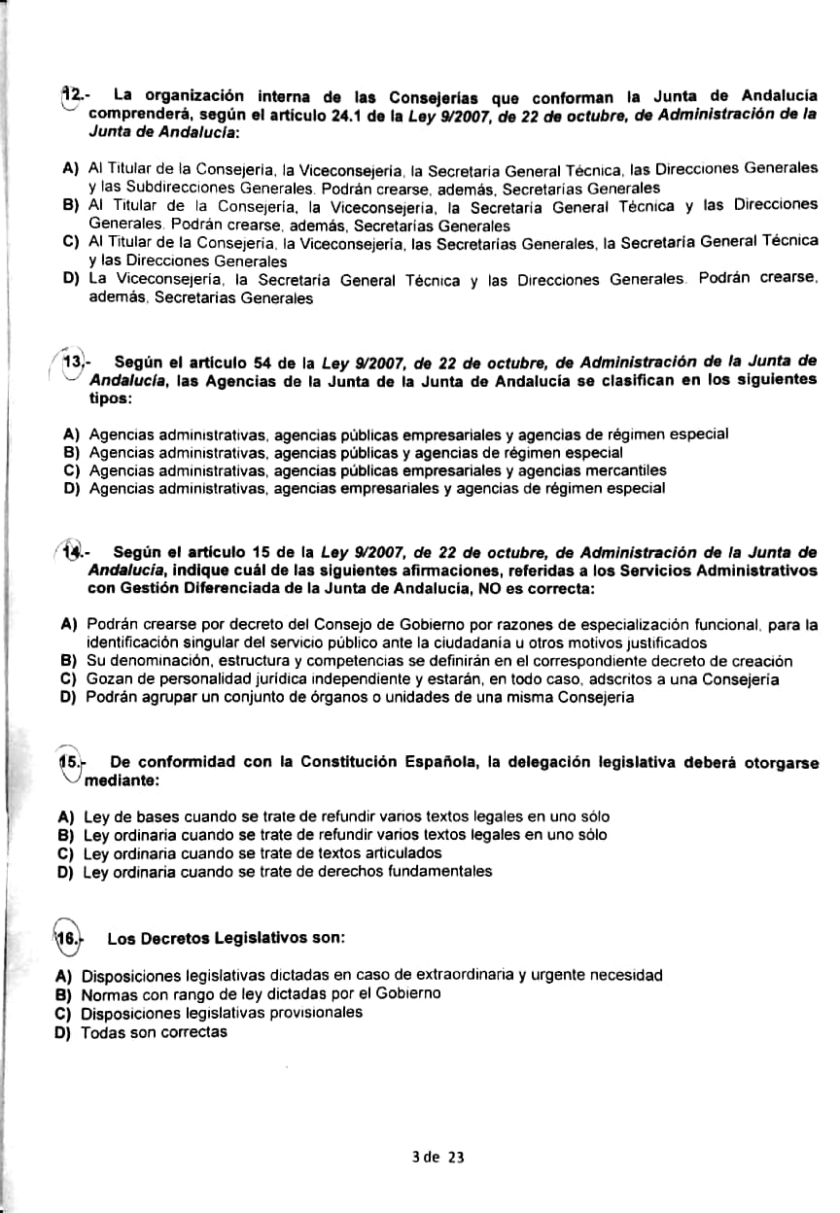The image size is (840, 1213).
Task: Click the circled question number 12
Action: (71, 95)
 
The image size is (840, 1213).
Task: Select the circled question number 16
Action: (67, 939)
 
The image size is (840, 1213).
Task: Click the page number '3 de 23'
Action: (438, 1157)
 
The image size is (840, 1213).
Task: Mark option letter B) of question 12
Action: (69, 206)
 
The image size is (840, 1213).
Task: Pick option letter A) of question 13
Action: (70, 433)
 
